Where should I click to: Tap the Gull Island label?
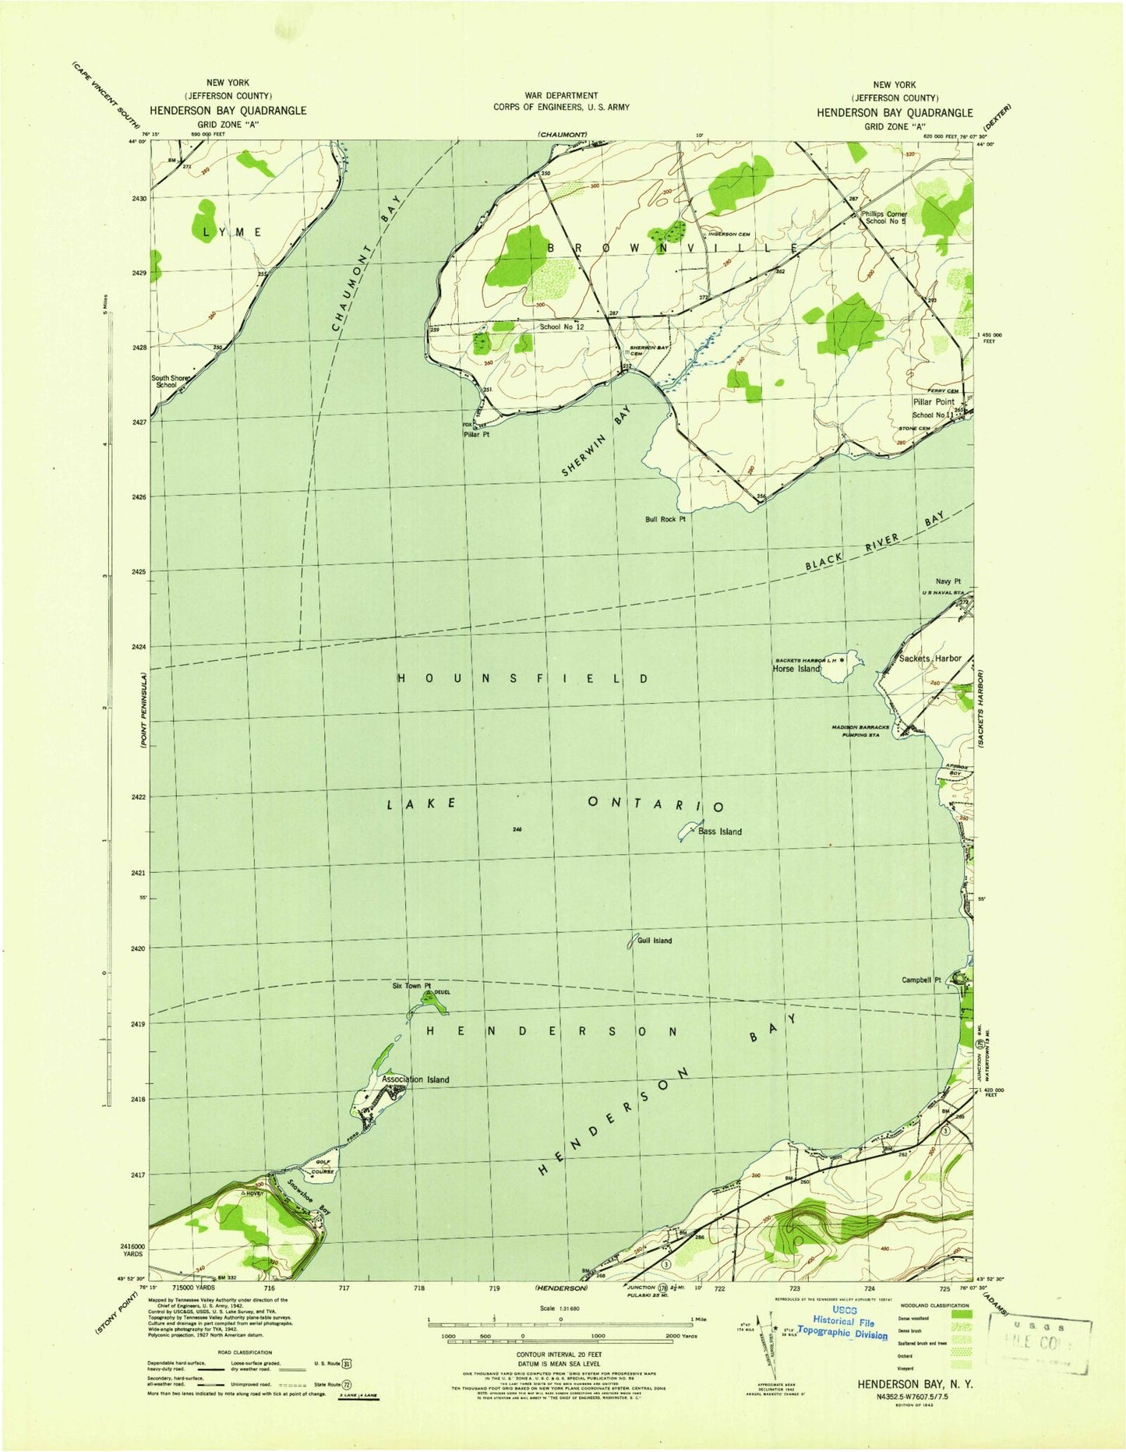click(654, 941)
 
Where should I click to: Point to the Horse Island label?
click(796, 669)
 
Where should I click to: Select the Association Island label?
click(415, 1079)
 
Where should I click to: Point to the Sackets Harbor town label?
click(930, 659)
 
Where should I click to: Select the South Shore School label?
click(171, 381)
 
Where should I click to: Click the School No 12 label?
click(562, 327)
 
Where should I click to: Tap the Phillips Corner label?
click(884, 214)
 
